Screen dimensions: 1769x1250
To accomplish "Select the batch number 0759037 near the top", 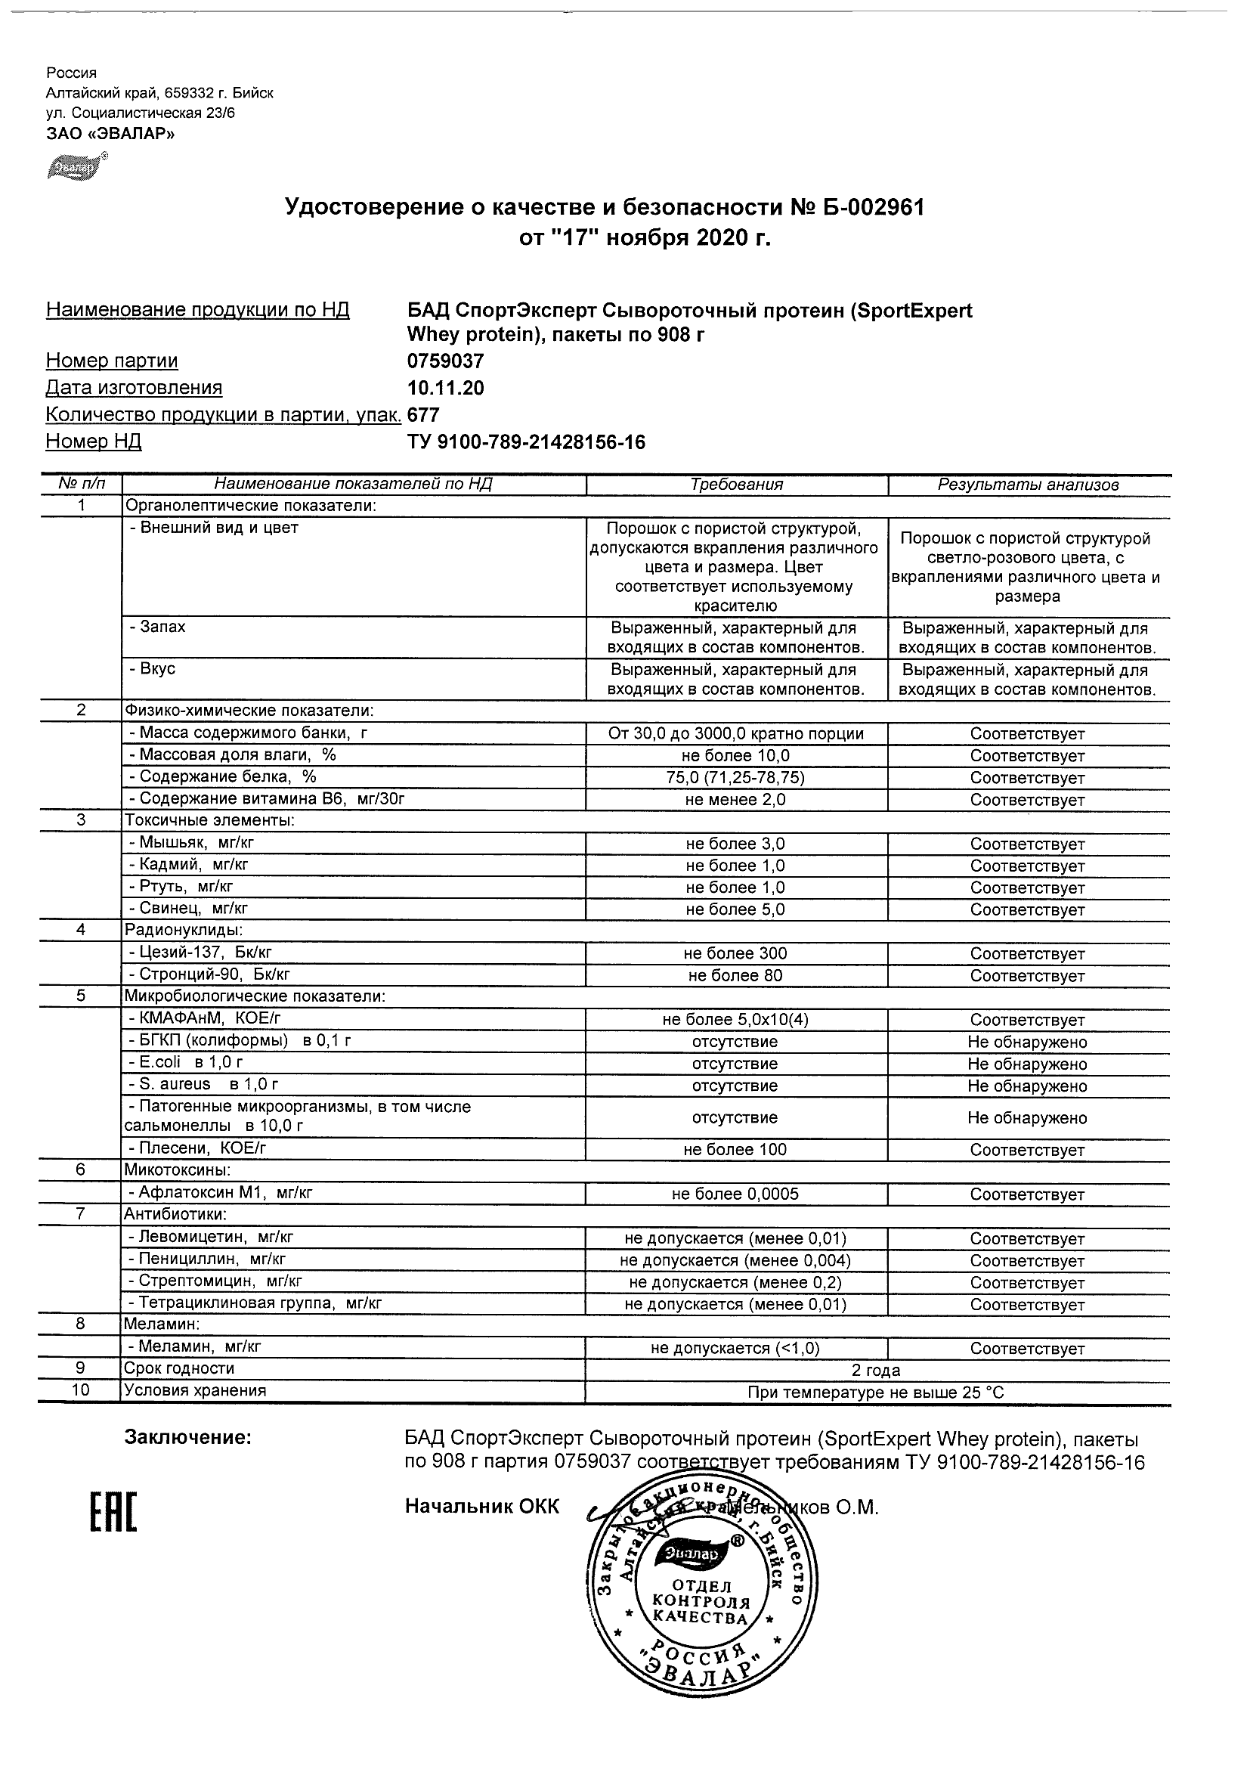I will coord(445,361).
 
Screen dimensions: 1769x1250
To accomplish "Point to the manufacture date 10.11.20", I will coord(445,388).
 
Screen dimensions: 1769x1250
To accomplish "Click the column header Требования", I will coord(735,485).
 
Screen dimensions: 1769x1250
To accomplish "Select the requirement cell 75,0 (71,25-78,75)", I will coord(735,777).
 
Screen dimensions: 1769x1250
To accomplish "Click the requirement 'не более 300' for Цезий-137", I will coord(735,954).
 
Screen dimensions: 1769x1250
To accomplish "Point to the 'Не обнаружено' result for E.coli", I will coord(1027,1064).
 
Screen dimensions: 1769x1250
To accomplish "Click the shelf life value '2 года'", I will coord(876,1370).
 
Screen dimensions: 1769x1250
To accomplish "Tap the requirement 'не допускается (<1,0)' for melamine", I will coord(735,1349).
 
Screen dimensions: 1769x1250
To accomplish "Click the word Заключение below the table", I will coord(188,1437).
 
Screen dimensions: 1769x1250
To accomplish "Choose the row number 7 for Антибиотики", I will coord(80,1214).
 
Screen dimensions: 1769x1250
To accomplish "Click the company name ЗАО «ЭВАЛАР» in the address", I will coord(110,133).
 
